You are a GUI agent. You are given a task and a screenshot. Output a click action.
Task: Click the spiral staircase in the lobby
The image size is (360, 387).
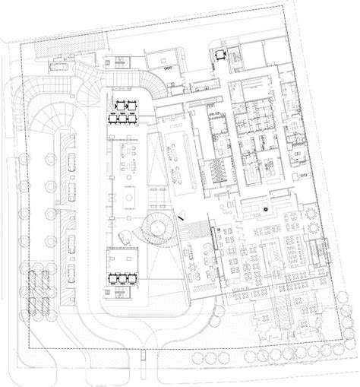158,226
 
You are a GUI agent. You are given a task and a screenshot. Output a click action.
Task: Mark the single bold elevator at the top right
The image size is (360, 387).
221,54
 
